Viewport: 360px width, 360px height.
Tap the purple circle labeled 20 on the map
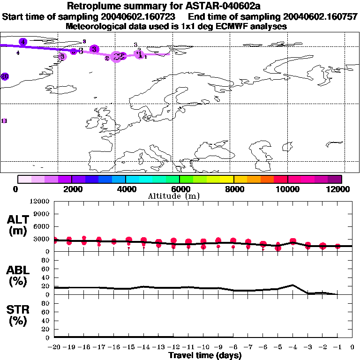[5, 76]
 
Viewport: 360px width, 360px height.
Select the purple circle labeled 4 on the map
[23, 42]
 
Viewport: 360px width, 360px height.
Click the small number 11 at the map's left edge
[4, 121]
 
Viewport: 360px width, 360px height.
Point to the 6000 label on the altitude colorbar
[180, 189]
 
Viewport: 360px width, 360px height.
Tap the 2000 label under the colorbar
[71, 189]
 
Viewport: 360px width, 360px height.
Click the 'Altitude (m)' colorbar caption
[180, 196]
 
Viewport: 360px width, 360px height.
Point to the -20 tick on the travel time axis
[55, 347]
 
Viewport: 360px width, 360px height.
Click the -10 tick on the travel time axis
[203, 347]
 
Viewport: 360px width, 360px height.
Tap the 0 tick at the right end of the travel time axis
[352, 347]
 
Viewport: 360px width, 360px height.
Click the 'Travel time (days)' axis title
[205, 355]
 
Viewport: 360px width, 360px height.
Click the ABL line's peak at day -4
[293, 285]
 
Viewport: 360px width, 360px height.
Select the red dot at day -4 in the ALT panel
[293, 241]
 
